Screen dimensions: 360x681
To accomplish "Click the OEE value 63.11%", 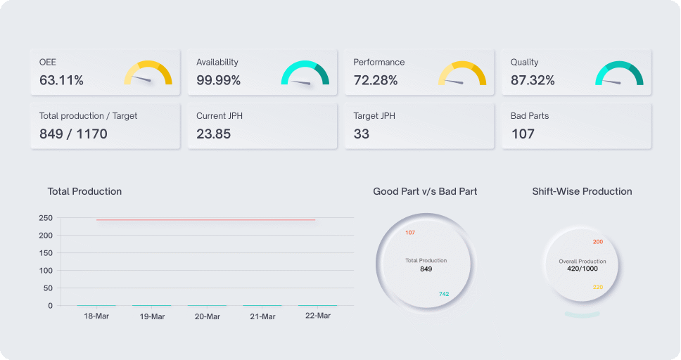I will click(61, 80).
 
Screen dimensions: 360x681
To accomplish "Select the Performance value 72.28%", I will click(376, 80).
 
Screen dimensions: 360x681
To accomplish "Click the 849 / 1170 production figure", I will click(73, 134).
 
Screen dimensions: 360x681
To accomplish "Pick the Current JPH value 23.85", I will click(213, 134).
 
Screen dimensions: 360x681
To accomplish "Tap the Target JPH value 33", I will click(362, 134).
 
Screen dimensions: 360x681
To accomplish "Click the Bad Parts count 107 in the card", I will click(523, 134).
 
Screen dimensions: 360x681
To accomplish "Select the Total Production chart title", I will click(84, 191).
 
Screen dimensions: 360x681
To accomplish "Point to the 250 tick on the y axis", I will click(46, 218).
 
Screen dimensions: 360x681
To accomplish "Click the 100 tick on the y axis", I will click(46, 271).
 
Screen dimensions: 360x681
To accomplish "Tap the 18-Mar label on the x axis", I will click(96, 316).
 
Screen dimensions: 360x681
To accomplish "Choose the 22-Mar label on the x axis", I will click(318, 316).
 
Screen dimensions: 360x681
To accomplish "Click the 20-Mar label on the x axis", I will click(208, 316).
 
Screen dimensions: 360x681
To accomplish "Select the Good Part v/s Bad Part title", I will click(425, 191).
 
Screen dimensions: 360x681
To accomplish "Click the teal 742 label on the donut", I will click(444, 294).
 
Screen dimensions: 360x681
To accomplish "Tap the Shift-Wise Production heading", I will click(582, 191).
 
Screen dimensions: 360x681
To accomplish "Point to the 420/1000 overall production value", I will click(583, 269).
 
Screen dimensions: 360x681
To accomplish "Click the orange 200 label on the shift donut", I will click(598, 242).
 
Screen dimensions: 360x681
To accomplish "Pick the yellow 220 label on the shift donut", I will click(598, 287).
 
